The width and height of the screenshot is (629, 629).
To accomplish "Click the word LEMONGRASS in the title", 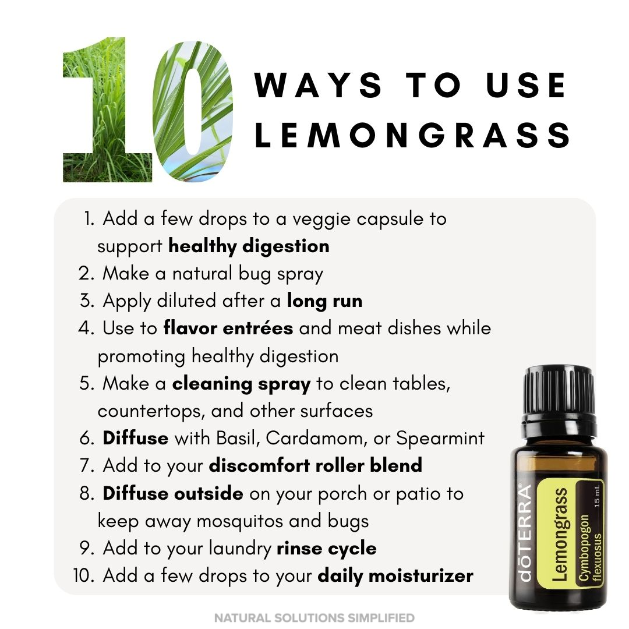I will pos(413,135).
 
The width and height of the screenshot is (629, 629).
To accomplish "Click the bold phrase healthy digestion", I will pos(249,246).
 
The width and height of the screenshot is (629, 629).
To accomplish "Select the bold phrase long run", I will pos(324,301).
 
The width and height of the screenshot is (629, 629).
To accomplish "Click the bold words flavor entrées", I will pos(228,328).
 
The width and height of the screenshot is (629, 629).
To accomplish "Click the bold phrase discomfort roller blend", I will pos(315,465).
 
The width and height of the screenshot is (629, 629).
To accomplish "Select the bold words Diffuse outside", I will pos(173,493).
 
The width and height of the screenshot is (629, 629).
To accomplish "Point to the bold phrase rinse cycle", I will pos(327,548).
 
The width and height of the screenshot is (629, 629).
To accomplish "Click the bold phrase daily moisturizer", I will pos(395,576).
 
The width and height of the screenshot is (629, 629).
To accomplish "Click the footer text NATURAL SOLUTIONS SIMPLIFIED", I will pos(314,617).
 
